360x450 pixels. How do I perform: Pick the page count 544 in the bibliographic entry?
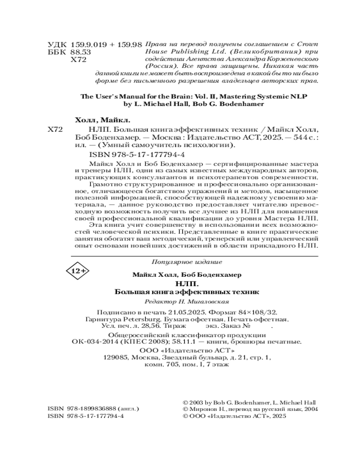[x=296, y=138]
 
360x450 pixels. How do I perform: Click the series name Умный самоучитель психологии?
[x=181, y=145]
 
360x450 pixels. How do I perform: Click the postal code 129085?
[x=116, y=358]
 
